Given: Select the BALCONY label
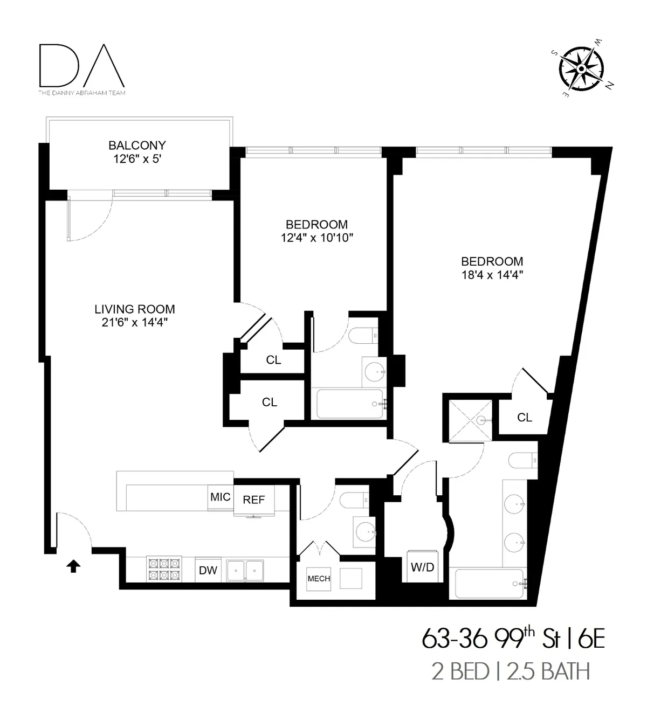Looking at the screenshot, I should tap(137, 145).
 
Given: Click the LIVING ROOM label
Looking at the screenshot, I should tap(135, 309).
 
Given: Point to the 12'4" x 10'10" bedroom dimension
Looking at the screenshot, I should tap(316, 238).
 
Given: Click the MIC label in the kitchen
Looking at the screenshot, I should tap(220, 497).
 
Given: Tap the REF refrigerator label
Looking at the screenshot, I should tap(254, 500).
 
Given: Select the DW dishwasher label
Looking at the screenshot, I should tap(208, 570).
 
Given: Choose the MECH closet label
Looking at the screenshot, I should tap(319, 579).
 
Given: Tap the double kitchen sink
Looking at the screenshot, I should tap(245, 570).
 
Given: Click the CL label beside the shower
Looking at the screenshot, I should tap(524, 418).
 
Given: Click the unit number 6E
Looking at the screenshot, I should tap(591, 640).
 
